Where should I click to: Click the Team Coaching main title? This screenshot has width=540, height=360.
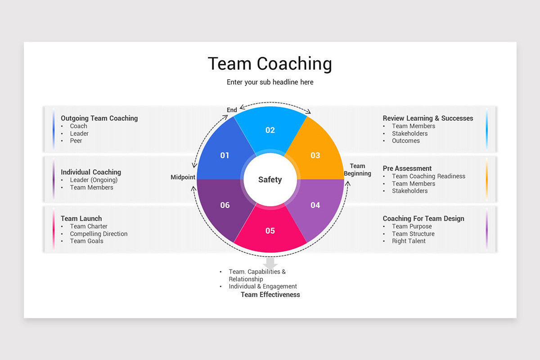(270, 64)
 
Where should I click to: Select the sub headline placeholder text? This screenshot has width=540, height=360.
(270, 82)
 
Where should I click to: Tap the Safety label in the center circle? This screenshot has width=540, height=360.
(270, 180)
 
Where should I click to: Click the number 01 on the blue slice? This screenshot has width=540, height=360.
(225, 155)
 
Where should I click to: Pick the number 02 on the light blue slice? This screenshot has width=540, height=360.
(270, 130)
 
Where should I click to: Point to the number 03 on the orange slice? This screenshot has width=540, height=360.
(315, 155)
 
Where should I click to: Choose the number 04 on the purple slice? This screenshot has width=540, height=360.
(315, 205)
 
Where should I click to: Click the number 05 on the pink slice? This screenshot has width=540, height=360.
(270, 231)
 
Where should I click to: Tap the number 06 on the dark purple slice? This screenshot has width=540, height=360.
(225, 205)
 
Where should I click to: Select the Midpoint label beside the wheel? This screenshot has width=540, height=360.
(183, 177)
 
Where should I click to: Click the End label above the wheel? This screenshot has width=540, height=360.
(232, 110)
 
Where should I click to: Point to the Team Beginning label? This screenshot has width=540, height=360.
(358, 170)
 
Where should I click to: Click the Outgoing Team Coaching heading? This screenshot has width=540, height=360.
(99, 118)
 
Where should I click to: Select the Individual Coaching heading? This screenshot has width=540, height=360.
(91, 172)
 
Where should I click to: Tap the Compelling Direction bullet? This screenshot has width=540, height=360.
(99, 234)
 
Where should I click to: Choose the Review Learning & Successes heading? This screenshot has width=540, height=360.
(428, 118)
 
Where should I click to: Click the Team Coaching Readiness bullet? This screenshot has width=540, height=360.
(428, 176)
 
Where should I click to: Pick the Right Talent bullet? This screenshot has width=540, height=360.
(409, 241)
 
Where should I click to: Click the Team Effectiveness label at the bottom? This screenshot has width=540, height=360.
(270, 295)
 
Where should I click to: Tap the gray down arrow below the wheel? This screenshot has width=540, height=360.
(270, 263)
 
